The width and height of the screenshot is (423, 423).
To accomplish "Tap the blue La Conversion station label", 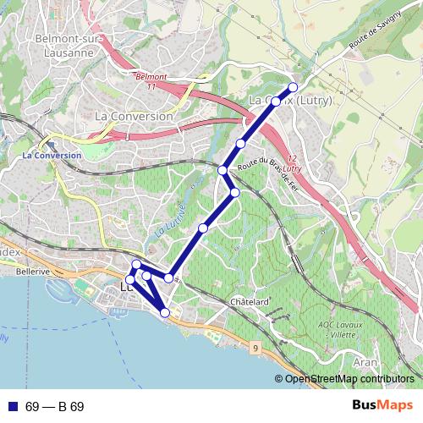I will (52, 156).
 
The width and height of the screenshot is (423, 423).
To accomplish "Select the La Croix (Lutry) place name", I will (291, 101).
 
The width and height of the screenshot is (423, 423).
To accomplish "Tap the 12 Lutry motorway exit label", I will (294, 164).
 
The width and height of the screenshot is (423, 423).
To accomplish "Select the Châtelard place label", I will (249, 302).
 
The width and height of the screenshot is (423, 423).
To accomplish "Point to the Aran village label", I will (365, 361).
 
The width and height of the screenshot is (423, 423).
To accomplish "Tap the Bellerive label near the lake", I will (33, 272).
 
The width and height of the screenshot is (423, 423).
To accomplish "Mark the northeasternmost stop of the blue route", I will (294, 87).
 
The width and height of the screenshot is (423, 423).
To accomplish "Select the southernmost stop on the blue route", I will (165, 313).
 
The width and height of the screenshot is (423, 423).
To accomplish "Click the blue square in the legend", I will (13, 406).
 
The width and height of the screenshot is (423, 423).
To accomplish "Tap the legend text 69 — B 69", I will (55, 407).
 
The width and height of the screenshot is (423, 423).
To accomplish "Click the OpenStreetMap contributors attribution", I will (349, 379).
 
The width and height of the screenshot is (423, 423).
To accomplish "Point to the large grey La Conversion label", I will (134, 115).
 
